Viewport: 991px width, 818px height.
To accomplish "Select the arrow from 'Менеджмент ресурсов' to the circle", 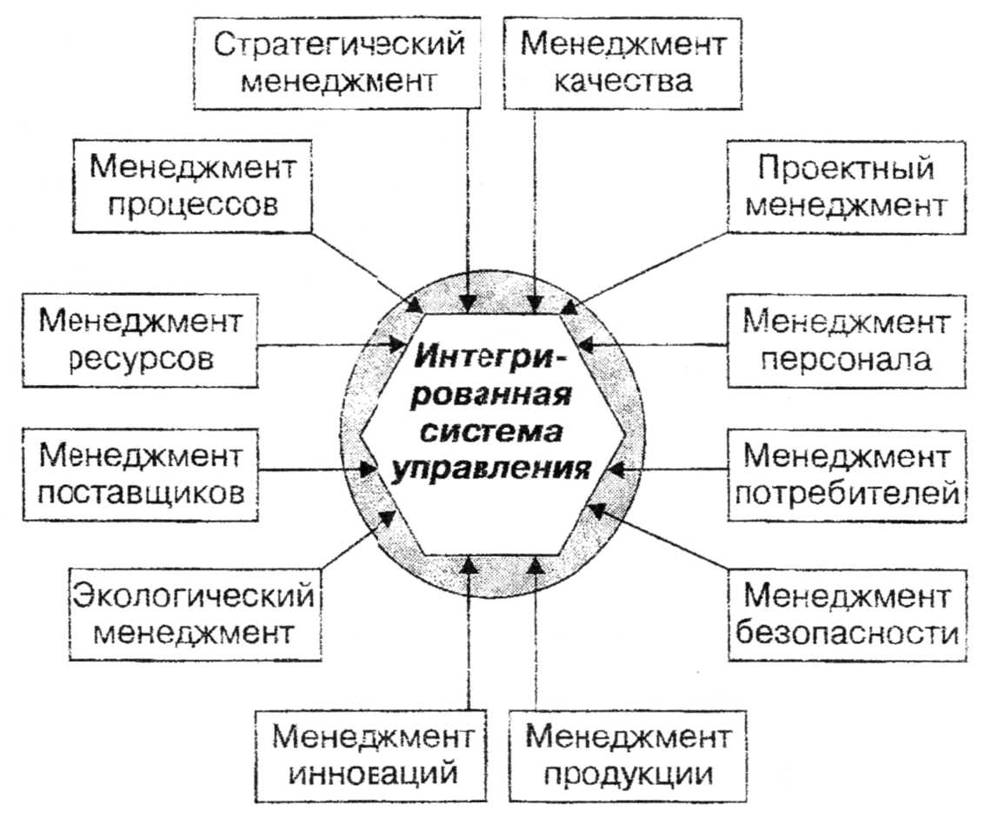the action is [330, 343].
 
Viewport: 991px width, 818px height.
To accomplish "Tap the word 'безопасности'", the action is [846, 633].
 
